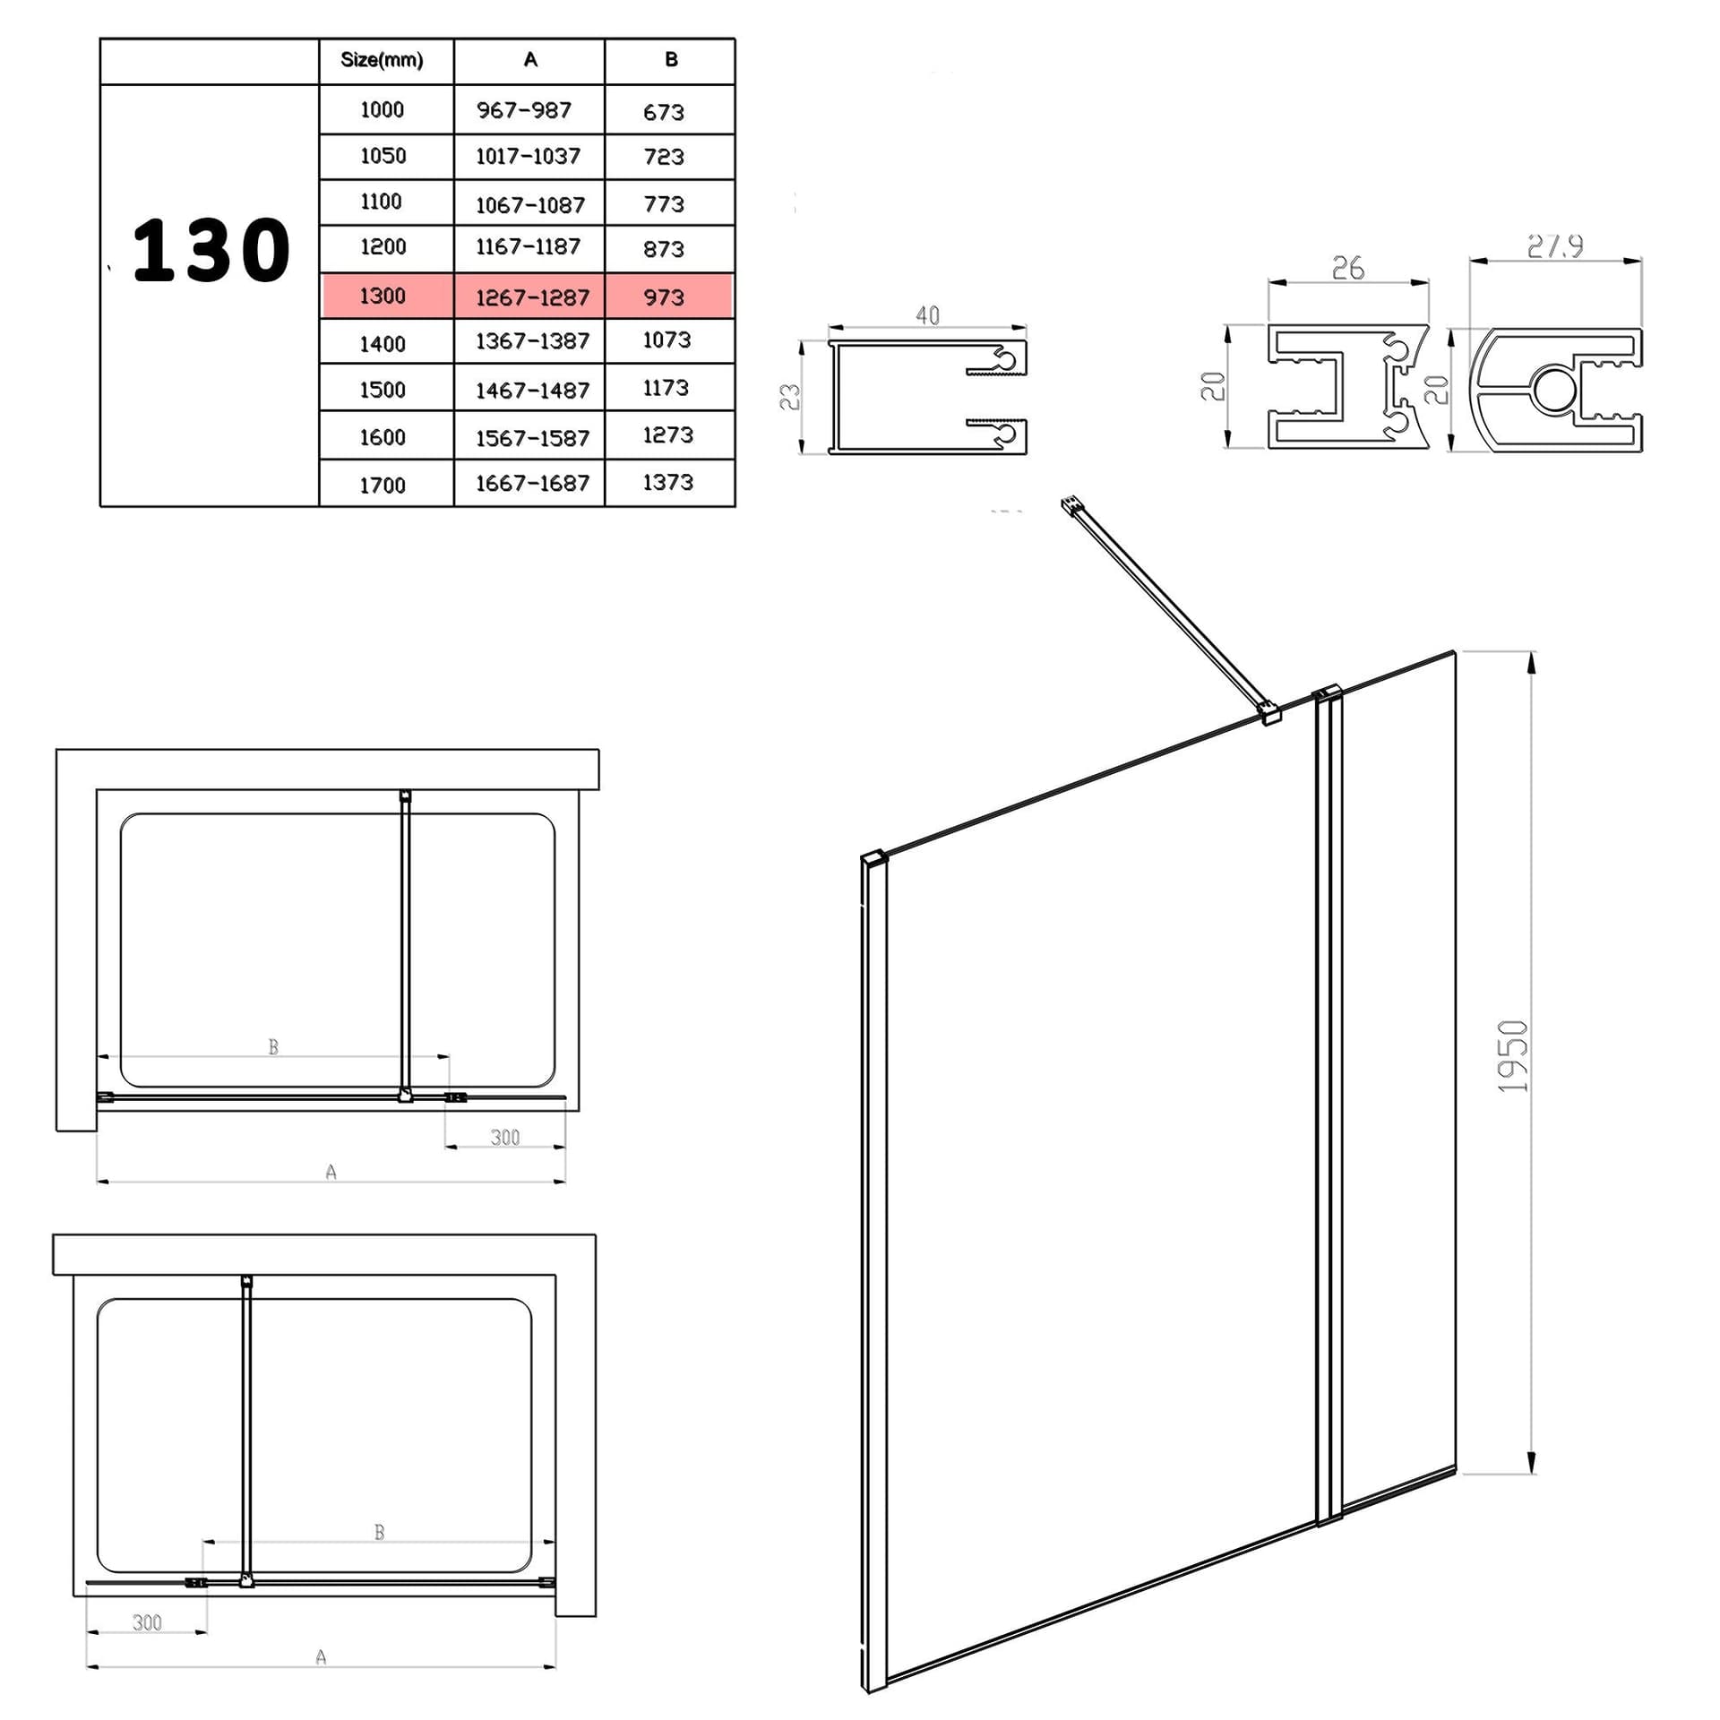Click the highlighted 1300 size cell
(x=383, y=296)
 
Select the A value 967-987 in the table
(x=524, y=110)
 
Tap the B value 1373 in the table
(x=668, y=482)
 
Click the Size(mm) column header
(x=382, y=60)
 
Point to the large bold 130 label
(x=211, y=250)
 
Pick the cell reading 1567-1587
(x=532, y=437)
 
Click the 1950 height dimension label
(x=1513, y=1056)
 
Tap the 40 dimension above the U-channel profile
(x=928, y=315)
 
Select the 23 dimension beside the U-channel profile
(x=789, y=397)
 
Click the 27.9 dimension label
(x=1555, y=245)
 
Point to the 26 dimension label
(x=1348, y=268)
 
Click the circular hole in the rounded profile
(x=1552, y=389)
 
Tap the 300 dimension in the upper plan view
(x=505, y=1137)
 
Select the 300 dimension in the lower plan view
(x=147, y=1622)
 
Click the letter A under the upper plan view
(x=331, y=1172)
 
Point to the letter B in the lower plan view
(x=379, y=1532)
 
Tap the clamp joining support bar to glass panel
(x=1269, y=713)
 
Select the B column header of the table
(x=671, y=60)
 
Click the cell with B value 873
(x=664, y=249)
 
